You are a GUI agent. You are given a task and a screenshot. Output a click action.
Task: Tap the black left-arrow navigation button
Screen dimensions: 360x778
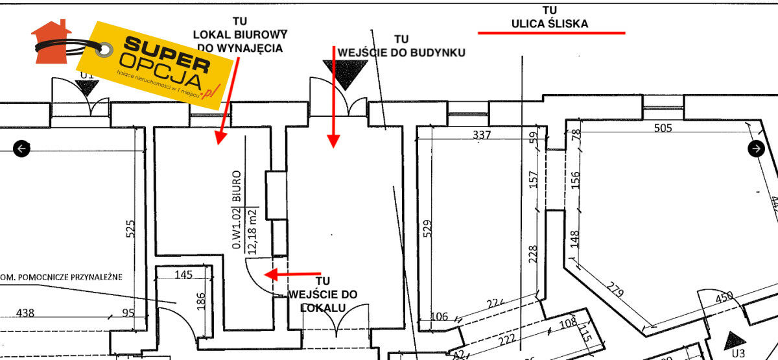(x=22, y=149)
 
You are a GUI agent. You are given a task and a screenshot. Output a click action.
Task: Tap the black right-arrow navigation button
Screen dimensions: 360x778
(x=756, y=149)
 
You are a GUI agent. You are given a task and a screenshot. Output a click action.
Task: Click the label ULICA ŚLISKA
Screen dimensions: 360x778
(x=550, y=24)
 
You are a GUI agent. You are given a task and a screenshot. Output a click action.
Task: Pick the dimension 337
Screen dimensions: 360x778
(x=482, y=135)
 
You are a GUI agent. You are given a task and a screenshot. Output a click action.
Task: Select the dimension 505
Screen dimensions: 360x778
(x=663, y=128)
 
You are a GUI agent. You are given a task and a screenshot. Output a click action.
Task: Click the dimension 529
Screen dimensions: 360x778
(x=427, y=228)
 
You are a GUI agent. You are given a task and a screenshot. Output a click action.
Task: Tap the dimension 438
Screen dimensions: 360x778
(x=25, y=313)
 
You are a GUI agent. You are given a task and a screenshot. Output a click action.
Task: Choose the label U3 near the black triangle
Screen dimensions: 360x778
(x=737, y=354)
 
